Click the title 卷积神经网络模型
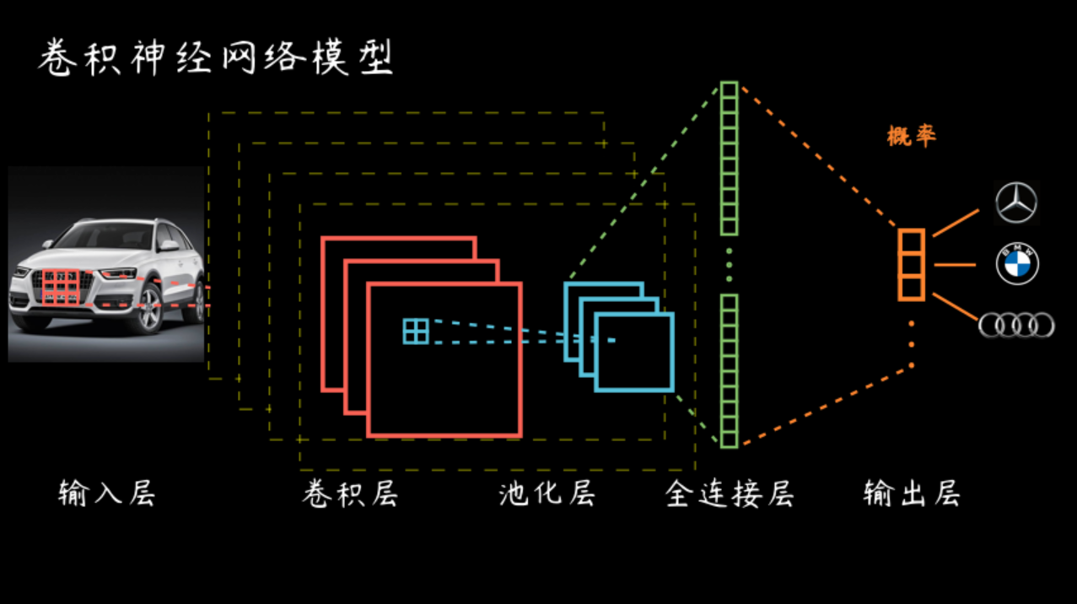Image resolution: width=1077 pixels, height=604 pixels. pyautogui.click(x=216, y=57)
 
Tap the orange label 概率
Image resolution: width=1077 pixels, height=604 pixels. pyautogui.click(x=912, y=136)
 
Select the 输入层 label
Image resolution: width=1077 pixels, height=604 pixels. pyautogui.click(x=107, y=493)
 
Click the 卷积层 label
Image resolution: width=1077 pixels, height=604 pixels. pyautogui.click(x=351, y=493)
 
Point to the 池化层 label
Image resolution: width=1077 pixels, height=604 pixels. pyautogui.click(x=547, y=493)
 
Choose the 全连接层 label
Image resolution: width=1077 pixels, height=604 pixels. pyautogui.click(x=730, y=493)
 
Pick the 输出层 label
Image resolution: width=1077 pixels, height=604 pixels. pyautogui.click(x=912, y=493)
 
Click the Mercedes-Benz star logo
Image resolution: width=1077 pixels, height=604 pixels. pyautogui.click(x=1016, y=203)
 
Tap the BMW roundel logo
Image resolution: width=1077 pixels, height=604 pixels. pyautogui.click(x=1017, y=263)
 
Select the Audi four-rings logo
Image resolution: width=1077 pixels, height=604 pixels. pyautogui.click(x=1016, y=325)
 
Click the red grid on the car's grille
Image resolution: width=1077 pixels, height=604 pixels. pyautogui.click(x=61, y=287)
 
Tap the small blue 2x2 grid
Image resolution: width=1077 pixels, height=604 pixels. pyautogui.click(x=416, y=332)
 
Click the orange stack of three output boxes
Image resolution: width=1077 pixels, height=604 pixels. pyautogui.click(x=911, y=265)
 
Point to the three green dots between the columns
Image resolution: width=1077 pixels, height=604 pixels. pyautogui.click(x=730, y=265)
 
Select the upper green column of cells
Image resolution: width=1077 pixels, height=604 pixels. pyautogui.click(x=729, y=159)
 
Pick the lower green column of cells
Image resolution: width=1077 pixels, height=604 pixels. pyautogui.click(x=729, y=372)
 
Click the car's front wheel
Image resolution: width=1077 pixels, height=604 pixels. pyautogui.click(x=150, y=309)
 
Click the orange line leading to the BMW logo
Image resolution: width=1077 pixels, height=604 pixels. pyautogui.click(x=955, y=265)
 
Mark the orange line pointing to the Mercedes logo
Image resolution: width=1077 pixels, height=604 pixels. pyautogui.click(x=956, y=223)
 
